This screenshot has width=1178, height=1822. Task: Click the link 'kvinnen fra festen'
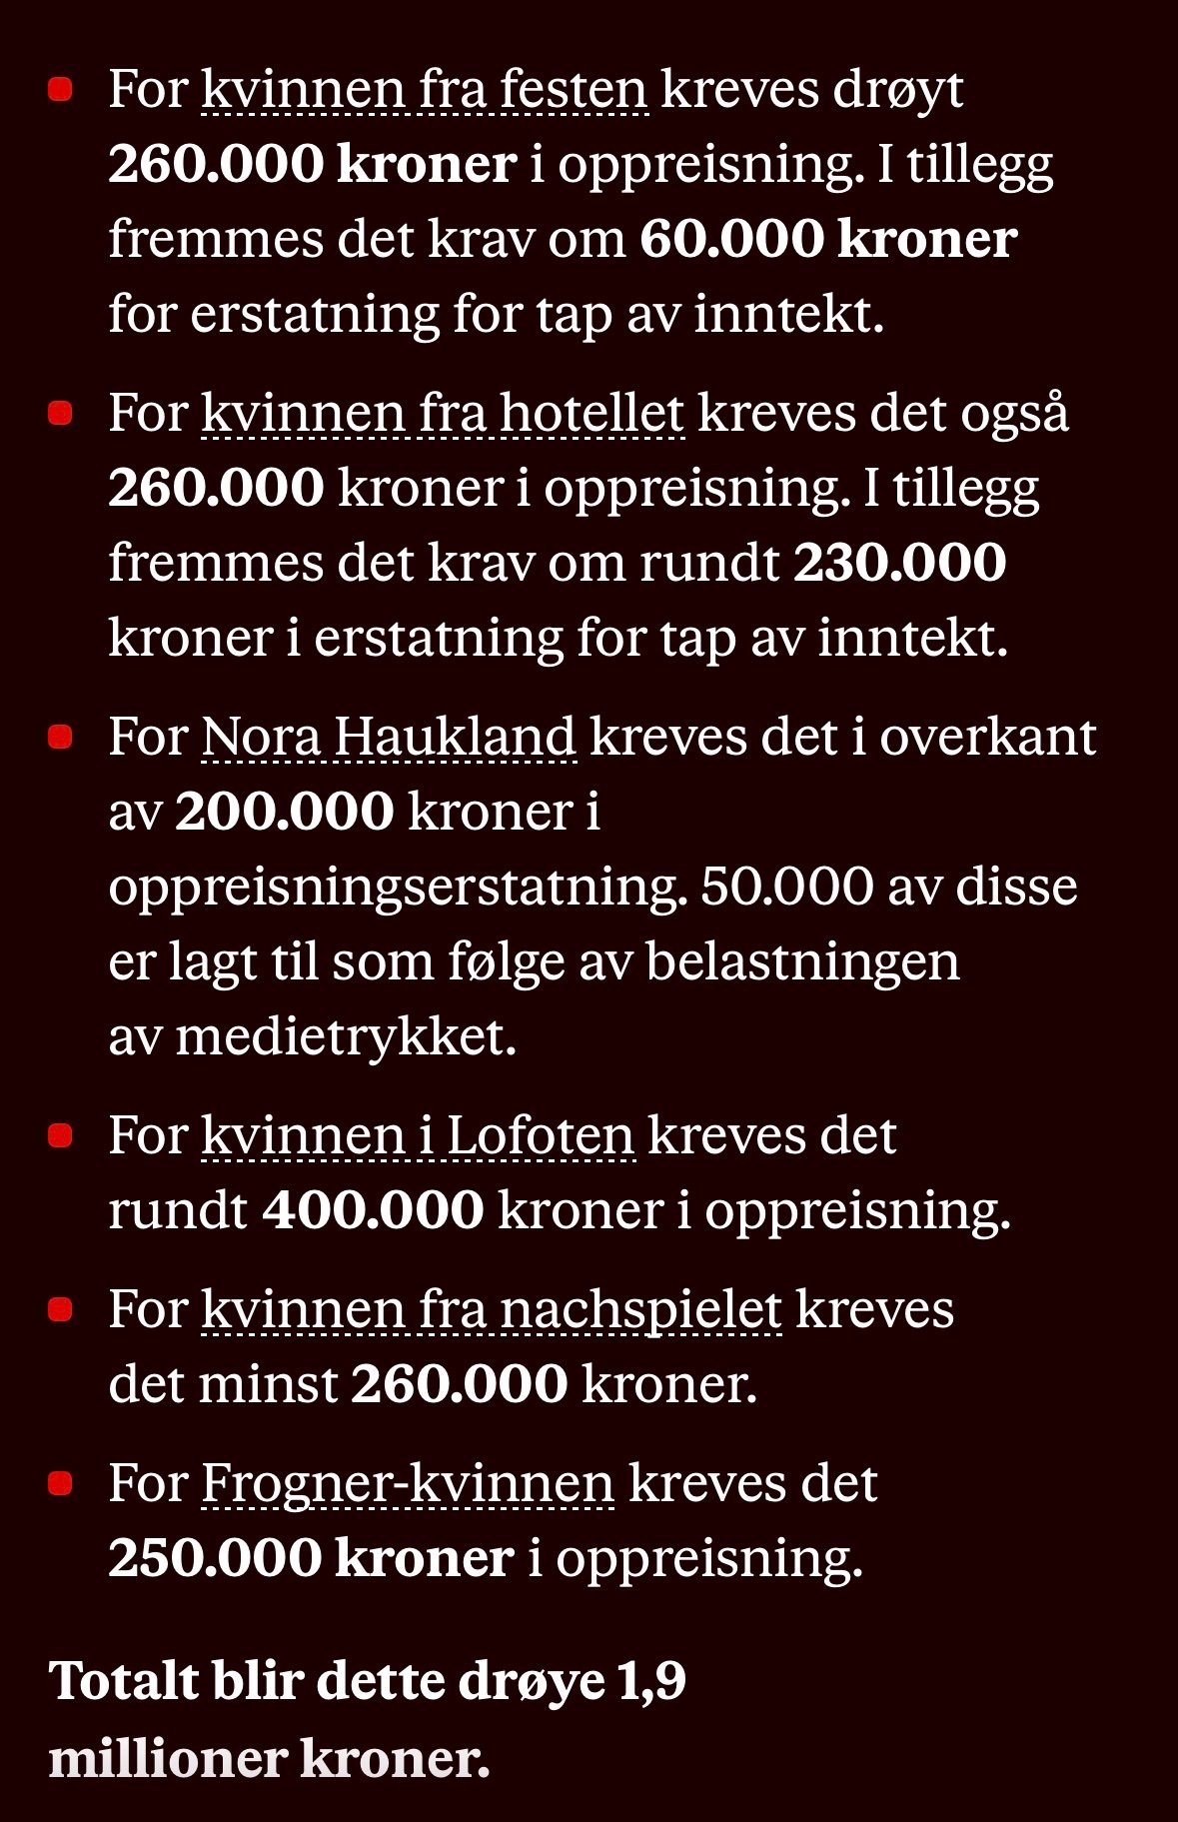425,90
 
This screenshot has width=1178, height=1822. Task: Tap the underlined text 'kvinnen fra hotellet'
443,414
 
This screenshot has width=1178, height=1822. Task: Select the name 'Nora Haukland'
389,738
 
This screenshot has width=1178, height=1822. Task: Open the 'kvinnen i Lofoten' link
418,1136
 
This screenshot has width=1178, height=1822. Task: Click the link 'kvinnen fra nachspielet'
492,1310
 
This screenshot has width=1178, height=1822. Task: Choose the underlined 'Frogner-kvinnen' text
408,1484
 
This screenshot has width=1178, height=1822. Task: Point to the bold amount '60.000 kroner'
828,240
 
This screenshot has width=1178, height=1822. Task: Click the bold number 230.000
899,563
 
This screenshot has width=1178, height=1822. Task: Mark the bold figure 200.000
285,812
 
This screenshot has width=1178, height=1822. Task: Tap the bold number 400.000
374,1210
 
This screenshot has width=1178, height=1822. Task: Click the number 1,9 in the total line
651,1681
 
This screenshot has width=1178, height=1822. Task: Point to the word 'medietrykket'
346,1037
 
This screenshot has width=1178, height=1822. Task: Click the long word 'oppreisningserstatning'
398,888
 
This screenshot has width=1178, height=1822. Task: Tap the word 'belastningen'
802,962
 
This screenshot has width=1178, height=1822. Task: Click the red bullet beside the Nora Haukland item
61,738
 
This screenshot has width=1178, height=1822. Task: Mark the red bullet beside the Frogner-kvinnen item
61,1484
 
